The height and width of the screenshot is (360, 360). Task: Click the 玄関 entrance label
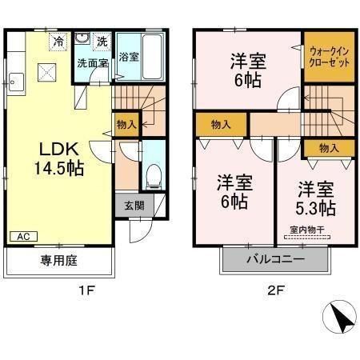coord(134,205)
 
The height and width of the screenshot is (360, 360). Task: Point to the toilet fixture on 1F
coord(155,174)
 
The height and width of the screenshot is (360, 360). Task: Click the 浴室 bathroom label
coord(129,57)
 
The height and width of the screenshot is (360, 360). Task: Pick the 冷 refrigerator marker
coord(58,40)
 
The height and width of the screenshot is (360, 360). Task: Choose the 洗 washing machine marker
coord(101,41)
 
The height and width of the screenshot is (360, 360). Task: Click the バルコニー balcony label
coord(275,260)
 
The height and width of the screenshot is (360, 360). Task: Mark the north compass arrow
coord(343,321)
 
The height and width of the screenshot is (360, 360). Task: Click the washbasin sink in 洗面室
coord(82,39)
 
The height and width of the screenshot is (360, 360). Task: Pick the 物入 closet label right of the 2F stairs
coord(328,148)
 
